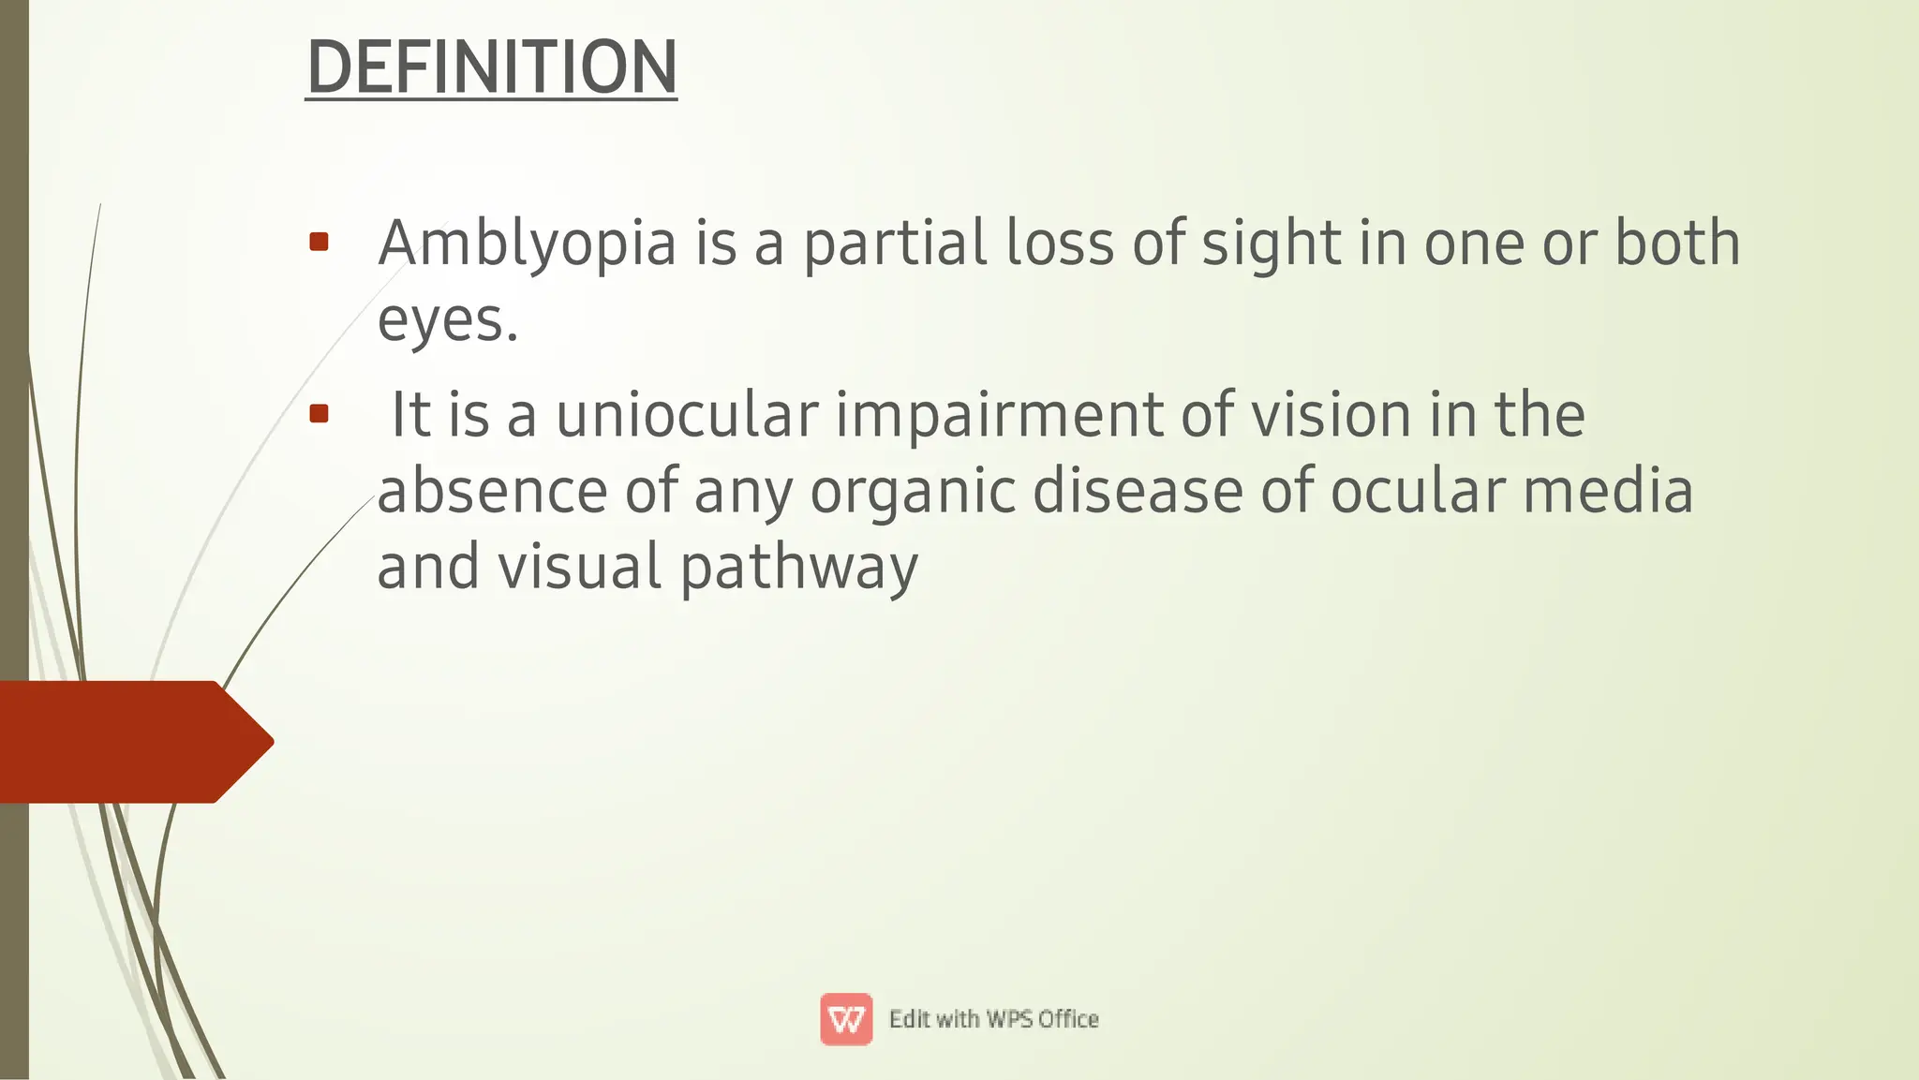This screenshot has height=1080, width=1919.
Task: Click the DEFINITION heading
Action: point(491,67)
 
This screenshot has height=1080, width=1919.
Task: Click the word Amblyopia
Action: point(527,244)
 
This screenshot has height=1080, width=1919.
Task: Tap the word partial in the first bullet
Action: point(895,244)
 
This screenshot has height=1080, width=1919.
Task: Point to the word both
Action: point(1676,244)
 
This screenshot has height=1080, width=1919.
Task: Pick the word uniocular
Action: point(687,415)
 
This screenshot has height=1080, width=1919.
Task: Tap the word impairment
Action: point(999,415)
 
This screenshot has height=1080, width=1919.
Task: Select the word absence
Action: point(492,492)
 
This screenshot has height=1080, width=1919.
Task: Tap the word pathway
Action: point(798,570)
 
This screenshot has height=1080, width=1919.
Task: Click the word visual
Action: point(579,568)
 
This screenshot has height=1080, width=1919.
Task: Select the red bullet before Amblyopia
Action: point(319,243)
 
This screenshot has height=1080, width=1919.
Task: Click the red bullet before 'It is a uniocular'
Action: point(319,414)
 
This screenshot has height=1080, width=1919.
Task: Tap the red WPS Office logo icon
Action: point(846,1019)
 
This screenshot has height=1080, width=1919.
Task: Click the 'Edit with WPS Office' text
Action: point(993,1019)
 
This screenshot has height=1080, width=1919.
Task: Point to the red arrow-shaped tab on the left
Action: point(131,742)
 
